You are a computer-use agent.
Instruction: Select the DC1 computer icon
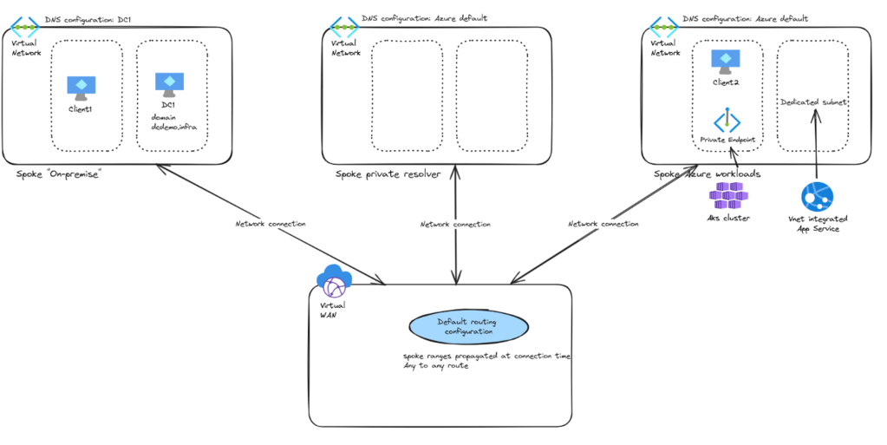pos(169,84)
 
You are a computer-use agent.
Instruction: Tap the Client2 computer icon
pos(725,62)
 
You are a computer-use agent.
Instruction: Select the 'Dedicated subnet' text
pos(813,101)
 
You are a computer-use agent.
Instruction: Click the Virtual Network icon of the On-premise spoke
pos(23,26)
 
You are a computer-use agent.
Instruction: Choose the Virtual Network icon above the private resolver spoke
pos(344,26)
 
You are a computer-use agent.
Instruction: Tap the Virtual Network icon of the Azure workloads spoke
pos(663,26)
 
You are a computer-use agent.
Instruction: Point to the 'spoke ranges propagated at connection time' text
pos(486,356)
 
